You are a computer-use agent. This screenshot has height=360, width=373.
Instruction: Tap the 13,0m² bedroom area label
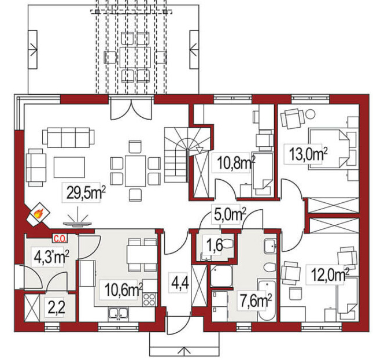coord(308,154)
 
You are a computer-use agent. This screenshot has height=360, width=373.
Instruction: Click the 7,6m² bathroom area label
coord(256,300)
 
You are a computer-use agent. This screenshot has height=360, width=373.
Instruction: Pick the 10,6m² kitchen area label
coord(124,290)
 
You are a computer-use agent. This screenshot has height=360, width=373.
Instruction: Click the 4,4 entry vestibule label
coord(180,283)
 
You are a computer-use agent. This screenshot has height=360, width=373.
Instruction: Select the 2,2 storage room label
coord(56,308)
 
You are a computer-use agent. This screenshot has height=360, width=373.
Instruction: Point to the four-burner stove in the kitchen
coord(150,299)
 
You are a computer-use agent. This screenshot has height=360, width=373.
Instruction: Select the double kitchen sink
coord(119,314)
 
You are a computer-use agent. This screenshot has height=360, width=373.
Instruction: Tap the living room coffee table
coord(69,167)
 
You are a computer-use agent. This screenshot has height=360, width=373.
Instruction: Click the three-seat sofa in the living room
coord(68,138)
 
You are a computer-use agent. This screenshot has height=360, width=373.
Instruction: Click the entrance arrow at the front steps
coord(184,350)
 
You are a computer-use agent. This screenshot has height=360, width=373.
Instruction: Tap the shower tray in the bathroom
coord(221,276)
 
